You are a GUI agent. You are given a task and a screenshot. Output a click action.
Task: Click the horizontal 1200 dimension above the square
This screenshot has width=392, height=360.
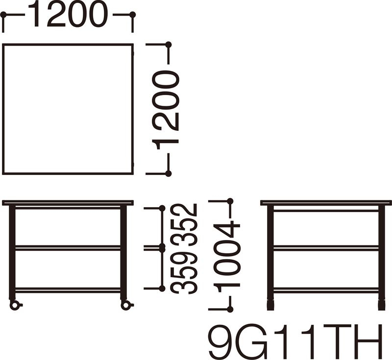pos(68,15)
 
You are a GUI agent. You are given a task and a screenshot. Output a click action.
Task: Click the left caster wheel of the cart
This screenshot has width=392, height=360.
pos(15,305)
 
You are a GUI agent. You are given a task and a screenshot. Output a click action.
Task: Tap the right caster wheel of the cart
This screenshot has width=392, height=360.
pos(126,305)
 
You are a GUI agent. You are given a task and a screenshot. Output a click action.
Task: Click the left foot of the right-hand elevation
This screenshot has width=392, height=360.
pos(270,304)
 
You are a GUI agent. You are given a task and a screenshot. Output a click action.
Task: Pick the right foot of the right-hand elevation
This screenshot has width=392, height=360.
pos(381,304)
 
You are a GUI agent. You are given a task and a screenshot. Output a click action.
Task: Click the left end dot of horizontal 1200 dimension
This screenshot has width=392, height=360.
pos(3,15)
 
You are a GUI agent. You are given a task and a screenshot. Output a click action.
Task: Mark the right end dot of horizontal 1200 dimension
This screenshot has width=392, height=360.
pos(133,15)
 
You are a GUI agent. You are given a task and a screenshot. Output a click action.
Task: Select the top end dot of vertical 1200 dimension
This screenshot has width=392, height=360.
pos(169,45)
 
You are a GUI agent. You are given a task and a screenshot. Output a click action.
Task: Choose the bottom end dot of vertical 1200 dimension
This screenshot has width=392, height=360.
pos(169,173)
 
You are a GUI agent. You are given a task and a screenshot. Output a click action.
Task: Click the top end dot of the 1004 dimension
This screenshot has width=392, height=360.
pos(230,201)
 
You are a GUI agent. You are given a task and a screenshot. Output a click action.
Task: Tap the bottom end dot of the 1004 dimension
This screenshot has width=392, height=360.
pos(230,309)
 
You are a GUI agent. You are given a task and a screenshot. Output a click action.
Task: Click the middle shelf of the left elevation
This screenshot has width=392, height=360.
pos(68,248)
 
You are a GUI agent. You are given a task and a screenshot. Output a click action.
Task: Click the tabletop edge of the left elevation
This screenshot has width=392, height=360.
pos(68,203)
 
